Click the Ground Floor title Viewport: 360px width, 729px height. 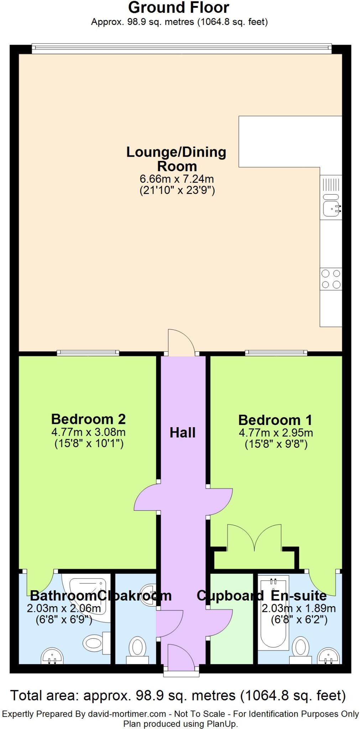tap(178, 7)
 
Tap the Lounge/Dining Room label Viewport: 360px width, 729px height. tap(176, 159)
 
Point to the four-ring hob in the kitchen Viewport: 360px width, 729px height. tap(331, 279)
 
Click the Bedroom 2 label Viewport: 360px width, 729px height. tap(88, 419)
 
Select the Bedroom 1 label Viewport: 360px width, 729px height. tap(275, 420)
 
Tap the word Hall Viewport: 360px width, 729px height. tap(182, 432)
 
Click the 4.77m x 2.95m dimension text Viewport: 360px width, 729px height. tap(276, 433)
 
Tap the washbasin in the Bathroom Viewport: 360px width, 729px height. tap(52, 656)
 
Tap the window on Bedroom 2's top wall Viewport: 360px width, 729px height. tap(88, 353)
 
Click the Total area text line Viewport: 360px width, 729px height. tap(178, 695)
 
